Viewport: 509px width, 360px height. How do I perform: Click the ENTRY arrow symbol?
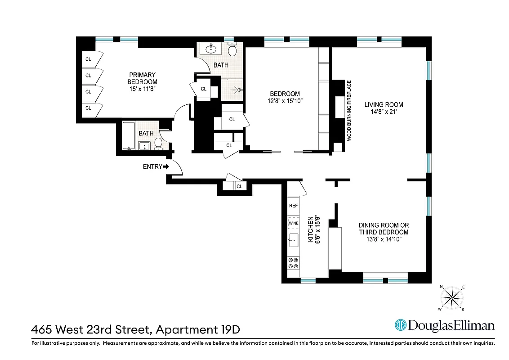tap(166, 166)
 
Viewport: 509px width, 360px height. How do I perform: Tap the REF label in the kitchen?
tap(294, 206)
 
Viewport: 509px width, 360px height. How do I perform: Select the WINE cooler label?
tap(294, 223)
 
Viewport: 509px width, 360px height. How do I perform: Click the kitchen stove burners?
tap(294, 263)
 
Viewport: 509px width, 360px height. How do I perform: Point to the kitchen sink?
tap(294, 240)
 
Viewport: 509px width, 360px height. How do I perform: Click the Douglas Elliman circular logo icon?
tap(401, 325)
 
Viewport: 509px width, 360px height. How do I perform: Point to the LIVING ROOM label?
tap(384, 105)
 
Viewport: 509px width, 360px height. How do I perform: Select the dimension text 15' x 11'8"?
tap(142, 89)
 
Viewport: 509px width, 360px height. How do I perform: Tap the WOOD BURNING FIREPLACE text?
tap(348, 111)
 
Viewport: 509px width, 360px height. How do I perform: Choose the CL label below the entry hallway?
tap(239, 186)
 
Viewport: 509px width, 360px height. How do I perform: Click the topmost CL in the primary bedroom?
tap(88, 59)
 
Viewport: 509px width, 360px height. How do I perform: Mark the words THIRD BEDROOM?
tap(384, 232)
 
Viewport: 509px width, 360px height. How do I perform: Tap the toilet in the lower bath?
tap(158, 143)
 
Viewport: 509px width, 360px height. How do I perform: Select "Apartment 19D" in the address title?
tap(198, 329)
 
